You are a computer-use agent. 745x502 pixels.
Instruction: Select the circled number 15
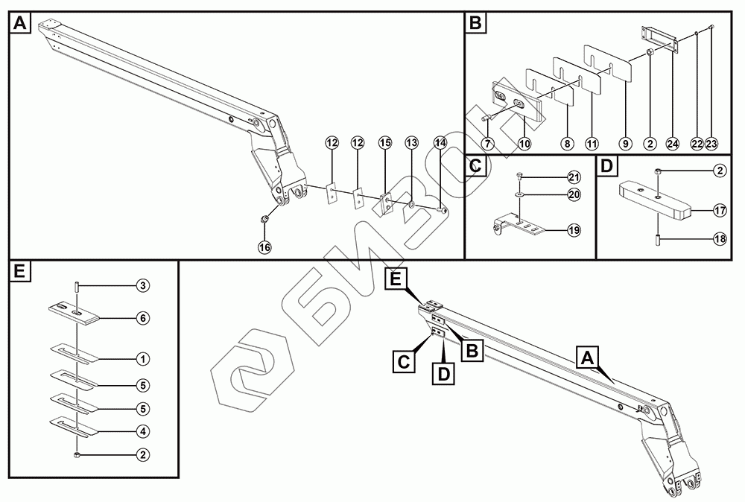point(384,142)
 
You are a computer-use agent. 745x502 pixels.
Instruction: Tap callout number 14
point(440,142)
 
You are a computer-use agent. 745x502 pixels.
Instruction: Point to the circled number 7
point(488,142)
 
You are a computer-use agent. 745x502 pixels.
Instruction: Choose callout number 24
point(673,142)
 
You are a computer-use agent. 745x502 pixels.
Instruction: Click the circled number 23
point(711,142)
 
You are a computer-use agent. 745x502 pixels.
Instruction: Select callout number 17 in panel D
point(720,211)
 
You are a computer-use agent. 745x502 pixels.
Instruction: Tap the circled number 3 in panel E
point(142,285)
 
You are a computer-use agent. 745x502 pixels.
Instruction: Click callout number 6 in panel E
point(142,318)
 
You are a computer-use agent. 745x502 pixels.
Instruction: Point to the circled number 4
point(142,430)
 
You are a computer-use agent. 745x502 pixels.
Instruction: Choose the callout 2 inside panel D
point(720,171)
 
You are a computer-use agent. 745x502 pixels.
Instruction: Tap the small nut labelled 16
point(264,219)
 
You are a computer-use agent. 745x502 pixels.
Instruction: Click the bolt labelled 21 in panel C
point(519,177)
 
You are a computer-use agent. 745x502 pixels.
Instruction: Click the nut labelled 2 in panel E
point(77,454)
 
